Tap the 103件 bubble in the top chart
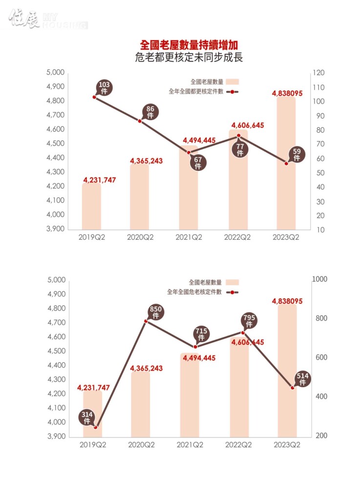tap(105, 88)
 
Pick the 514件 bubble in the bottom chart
tap(302, 379)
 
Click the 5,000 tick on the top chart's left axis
tap(55, 73)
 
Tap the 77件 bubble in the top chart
tap(240, 149)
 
